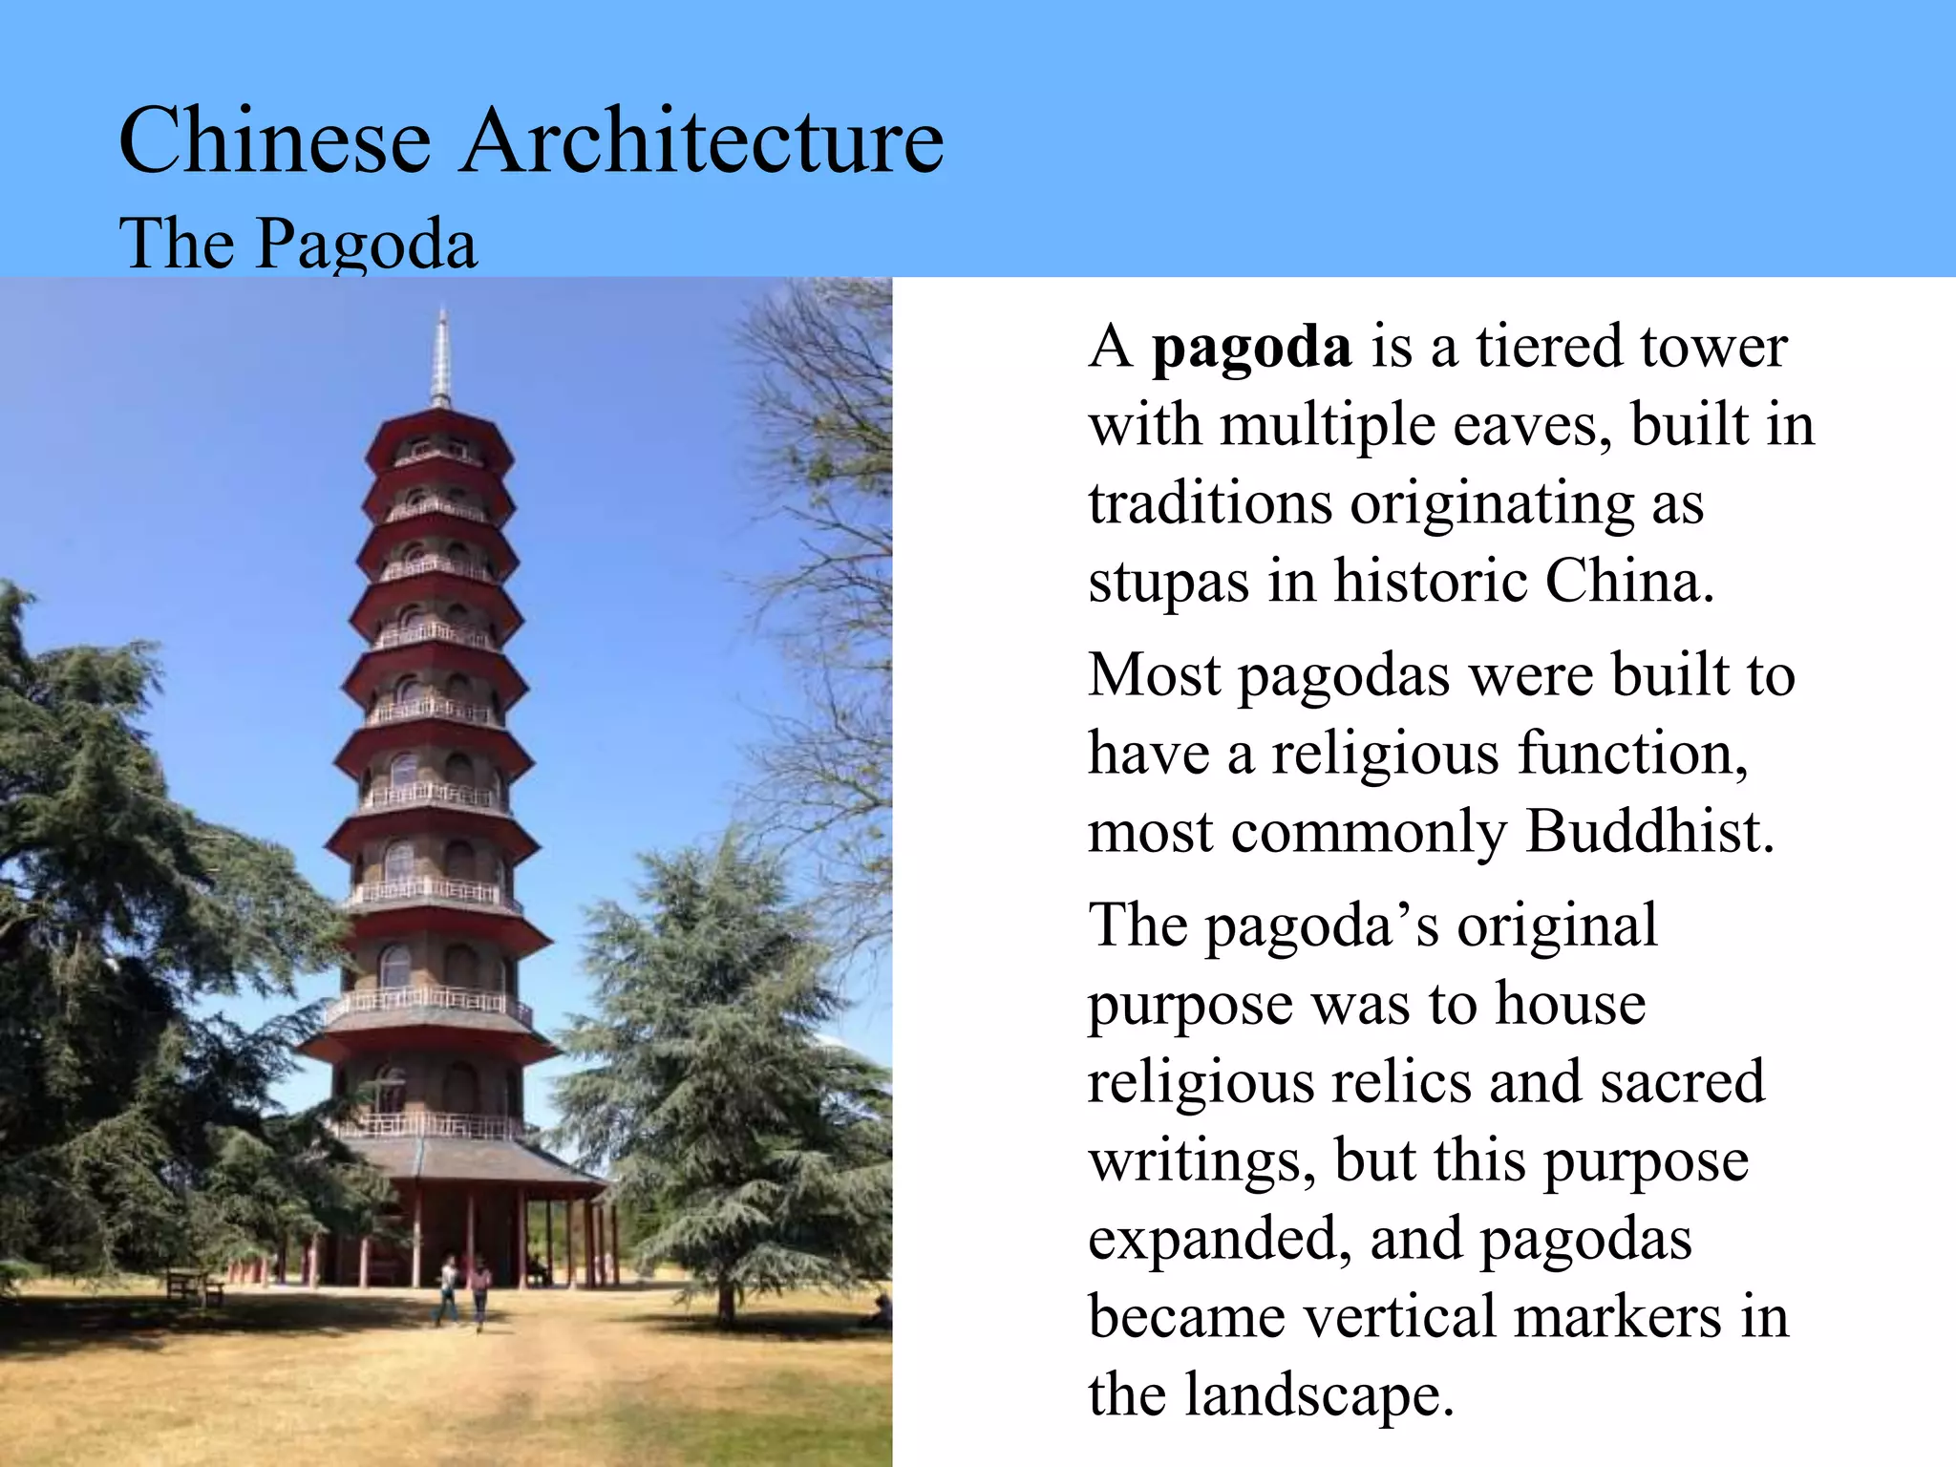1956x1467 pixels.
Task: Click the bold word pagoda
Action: click(1251, 348)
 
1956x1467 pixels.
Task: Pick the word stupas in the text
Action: click(1168, 583)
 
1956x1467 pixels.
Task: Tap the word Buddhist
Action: click(1649, 832)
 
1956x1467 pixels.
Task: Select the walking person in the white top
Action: click(448, 1288)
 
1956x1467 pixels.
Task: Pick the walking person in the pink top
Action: click(479, 1292)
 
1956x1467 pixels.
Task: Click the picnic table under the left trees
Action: click(194, 1286)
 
